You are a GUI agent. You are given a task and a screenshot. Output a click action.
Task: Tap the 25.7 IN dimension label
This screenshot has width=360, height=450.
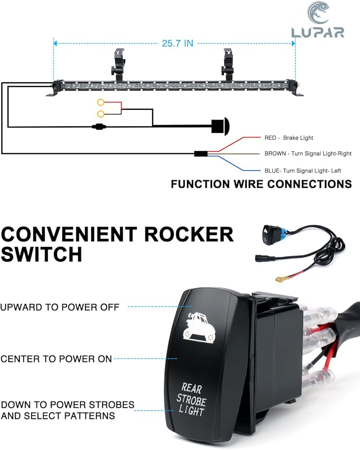point(177,44)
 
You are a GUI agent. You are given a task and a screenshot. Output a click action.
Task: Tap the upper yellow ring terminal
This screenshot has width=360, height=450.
point(101,103)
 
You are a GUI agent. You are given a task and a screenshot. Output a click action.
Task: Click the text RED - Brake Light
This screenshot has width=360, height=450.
point(288,138)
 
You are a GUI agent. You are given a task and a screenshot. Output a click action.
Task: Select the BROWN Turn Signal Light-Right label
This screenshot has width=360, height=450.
point(308,153)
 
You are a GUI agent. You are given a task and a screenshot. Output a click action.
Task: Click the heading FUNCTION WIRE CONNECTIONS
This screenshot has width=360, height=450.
point(261,184)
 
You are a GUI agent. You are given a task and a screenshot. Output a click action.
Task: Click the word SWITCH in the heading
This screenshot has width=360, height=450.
point(41,255)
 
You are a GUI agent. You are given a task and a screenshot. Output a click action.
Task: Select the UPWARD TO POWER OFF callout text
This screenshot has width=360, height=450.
point(60,307)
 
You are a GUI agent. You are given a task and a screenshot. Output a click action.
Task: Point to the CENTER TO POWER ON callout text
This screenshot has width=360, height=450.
point(56,359)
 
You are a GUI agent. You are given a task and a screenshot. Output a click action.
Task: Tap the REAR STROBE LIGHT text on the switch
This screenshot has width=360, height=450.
point(191,398)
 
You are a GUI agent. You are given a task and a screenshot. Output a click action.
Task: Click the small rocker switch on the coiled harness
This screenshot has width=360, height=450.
point(267,234)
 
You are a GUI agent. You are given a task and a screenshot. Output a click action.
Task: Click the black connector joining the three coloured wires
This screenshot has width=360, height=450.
point(200,154)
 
